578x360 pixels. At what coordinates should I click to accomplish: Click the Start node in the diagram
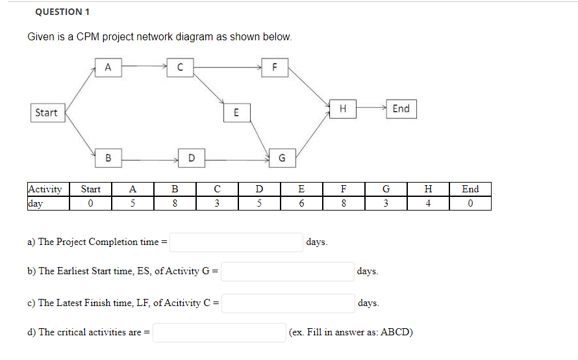[x=46, y=112]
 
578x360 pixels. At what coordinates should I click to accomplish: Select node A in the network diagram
[x=108, y=66]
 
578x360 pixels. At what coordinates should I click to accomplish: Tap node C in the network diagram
[x=180, y=66]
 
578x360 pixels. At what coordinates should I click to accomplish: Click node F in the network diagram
[x=275, y=66]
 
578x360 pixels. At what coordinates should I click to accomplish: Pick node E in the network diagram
[x=236, y=112]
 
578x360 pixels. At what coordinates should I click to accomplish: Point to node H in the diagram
[x=342, y=109]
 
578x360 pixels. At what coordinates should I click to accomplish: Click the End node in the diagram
[x=401, y=109]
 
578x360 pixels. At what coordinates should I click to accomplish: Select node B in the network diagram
[x=108, y=157]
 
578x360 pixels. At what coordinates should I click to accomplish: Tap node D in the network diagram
[x=191, y=157]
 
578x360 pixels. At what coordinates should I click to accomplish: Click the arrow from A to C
[x=144, y=66]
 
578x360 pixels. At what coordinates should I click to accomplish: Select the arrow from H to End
[x=371, y=109]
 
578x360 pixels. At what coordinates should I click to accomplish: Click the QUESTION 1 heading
[x=63, y=12]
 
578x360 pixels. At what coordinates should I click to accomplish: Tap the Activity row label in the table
[x=45, y=189]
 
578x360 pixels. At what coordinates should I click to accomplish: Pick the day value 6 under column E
[x=301, y=203]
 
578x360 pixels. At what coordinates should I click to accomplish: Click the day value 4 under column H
[x=427, y=203]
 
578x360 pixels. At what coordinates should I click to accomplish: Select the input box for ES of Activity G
[x=288, y=271]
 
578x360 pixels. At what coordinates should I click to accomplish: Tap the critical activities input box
[x=220, y=332]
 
